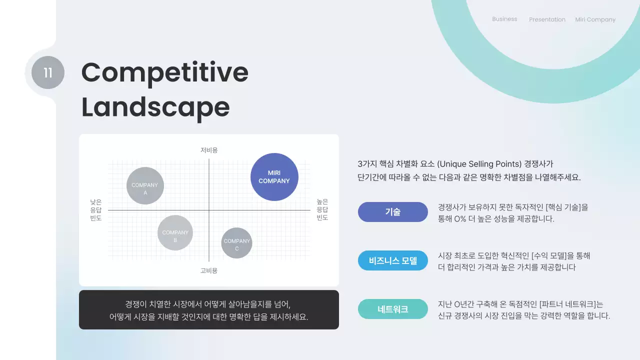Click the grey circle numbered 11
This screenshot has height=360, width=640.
[x=48, y=72]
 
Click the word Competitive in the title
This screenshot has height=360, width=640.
[x=164, y=72]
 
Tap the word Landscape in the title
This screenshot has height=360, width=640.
[x=155, y=107]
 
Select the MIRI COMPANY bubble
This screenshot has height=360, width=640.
[x=274, y=177]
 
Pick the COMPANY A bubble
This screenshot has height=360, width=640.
[x=145, y=186]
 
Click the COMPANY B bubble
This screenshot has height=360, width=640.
[x=175, y=233]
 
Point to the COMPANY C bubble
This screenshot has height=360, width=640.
[x=236, y=243]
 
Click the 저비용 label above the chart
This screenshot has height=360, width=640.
[x=209, y=150]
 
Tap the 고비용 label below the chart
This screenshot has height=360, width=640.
[x=209, y=270]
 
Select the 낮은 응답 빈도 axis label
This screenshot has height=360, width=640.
[x=95, y=210]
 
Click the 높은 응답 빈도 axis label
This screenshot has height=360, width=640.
[x=322, y=210]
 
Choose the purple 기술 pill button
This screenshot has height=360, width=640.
[x=392, y=212]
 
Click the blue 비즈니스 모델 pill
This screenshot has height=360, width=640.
[x=392, y=260]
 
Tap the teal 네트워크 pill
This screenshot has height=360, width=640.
[x=392, y=309]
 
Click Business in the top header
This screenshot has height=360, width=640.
[x=504, y=19]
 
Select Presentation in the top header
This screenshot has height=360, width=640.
[x=547, y=19]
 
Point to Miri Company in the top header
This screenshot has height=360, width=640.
[x=595, y=19]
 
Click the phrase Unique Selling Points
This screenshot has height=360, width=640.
[x=479, y=164]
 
